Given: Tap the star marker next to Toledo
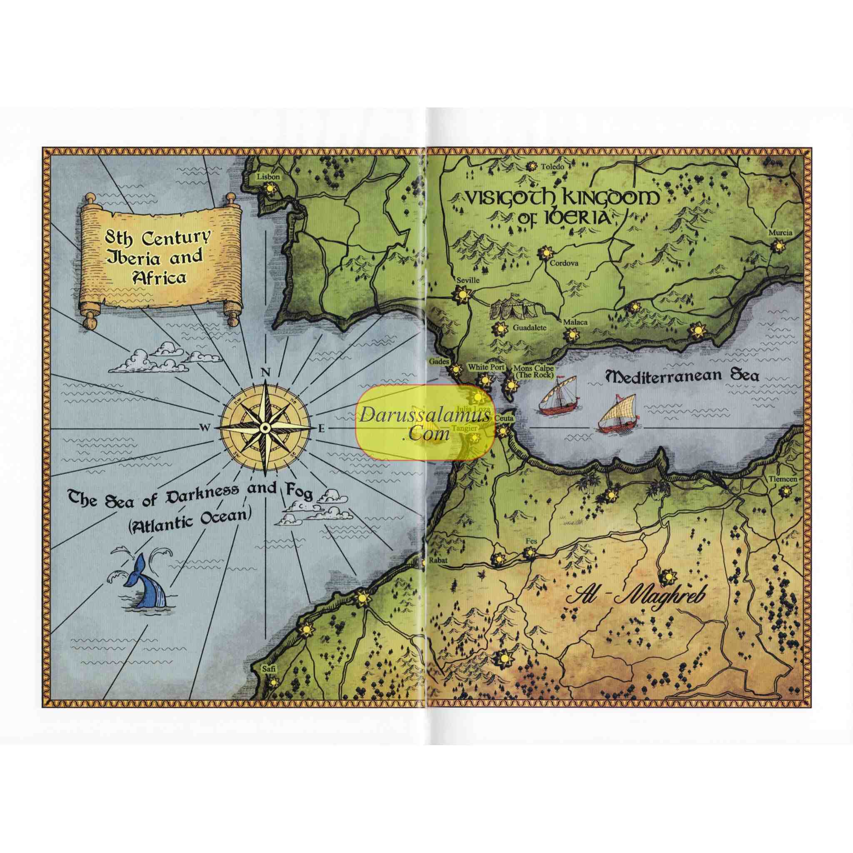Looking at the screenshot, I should [x=532, y=167].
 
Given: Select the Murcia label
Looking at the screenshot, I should [x=780, y=233].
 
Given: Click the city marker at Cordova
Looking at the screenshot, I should [x=546, y=253].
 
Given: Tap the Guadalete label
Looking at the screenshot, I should [x=530, y=328].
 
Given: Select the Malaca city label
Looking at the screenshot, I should [x=575, y=322].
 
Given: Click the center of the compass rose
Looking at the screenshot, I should [x=265, y=427].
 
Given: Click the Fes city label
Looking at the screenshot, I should [x=531, y=541].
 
